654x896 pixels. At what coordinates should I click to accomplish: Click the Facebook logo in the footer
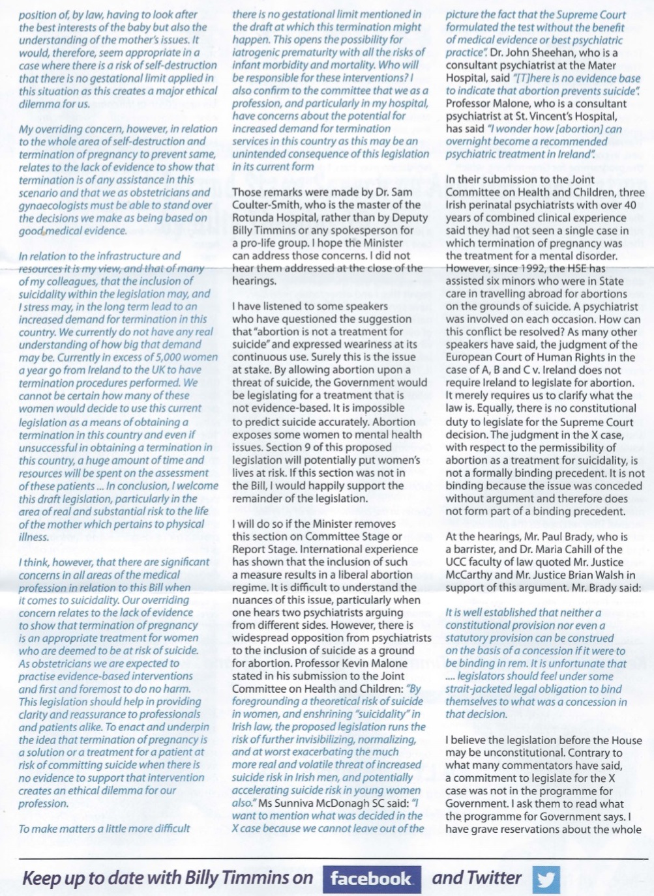(372, 878)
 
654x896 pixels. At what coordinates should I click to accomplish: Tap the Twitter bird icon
(546, 879)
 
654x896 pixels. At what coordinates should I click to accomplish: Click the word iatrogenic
(259, 52)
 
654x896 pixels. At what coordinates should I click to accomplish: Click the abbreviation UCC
(456, 562)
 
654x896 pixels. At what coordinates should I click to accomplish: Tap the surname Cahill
(585, 549)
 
